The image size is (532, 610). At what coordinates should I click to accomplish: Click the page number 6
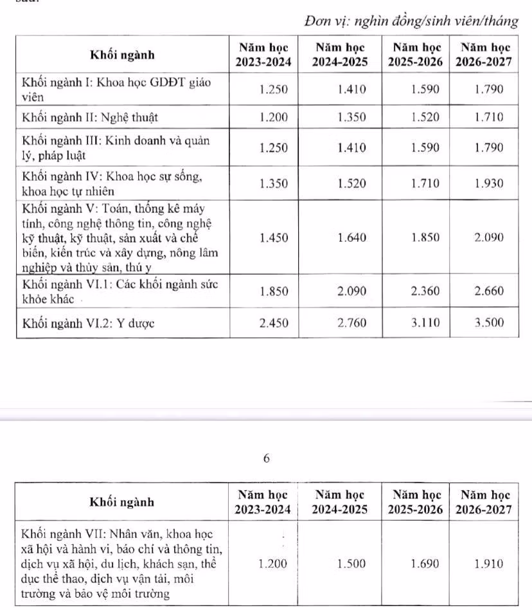(x=267, y=459)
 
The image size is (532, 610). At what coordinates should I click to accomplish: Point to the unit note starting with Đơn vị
(x=412, y=21)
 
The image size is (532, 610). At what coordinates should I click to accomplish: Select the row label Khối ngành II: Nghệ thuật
(x=90, y=118)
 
